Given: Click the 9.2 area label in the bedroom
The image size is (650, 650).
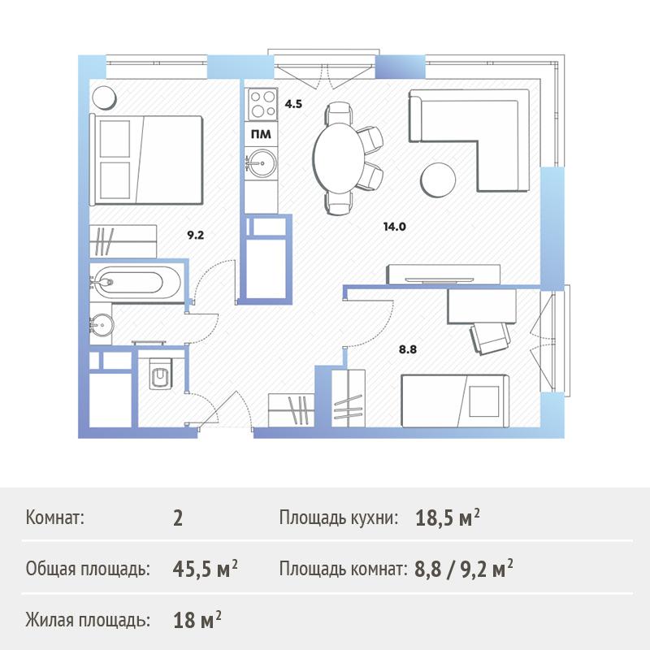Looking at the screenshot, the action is coord(195,236).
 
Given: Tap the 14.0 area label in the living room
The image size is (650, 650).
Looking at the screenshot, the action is coord(395,227).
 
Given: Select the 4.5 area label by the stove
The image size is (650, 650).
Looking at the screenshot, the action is coord(293,104).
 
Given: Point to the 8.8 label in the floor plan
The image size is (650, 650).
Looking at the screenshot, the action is coord(408,349).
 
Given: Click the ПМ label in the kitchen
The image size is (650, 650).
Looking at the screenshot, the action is coord(261,134).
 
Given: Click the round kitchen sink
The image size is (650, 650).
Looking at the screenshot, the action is coord(261,163).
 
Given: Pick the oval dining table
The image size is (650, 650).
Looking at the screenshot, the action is coord(339,158).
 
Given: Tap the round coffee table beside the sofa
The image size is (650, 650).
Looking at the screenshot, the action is coord(438,180).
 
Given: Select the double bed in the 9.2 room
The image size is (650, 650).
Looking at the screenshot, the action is coord(146,160).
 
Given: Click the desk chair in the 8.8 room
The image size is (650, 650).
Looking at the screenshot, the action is coord(490,337).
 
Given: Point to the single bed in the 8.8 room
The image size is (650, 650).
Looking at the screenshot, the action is coord(455,401).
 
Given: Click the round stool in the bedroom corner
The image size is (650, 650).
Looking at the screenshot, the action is coord(104,98).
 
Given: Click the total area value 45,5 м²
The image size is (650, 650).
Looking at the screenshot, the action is coord(206,570).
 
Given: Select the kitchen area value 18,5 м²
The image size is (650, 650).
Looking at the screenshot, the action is coord(448,518).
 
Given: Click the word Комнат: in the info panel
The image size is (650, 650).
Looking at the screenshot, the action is coord(54,518).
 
